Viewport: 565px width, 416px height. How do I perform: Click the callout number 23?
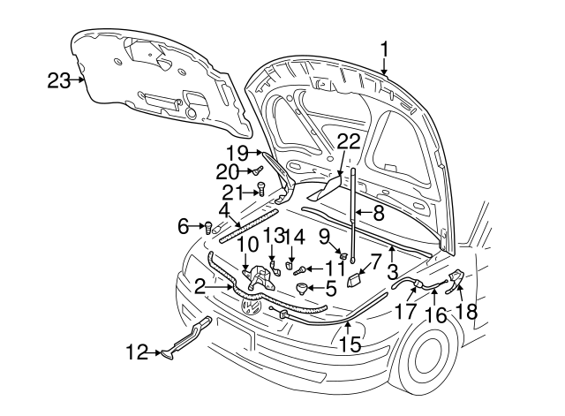pyautogui.click(x=57, y=80)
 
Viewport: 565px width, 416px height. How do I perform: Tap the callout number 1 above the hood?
pyautogui.click(x=385, y=48)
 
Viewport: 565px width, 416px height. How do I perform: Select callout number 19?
pyautogui.click(x=237, y=152)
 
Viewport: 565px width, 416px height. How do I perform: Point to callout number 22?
pyautogui.click(x=348, y=142)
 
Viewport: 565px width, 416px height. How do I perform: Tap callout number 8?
pyautogui.click(x=378, y=212)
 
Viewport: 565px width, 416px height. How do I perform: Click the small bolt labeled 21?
pyautogui.click(x=262, y=188)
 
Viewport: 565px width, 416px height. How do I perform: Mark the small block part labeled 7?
pyautogui.click(x=354, y=279)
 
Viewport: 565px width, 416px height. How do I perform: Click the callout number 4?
pyautogui.click(x=224, y=212)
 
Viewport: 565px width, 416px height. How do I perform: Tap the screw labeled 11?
pyautogui.click(x=300, y=269)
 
